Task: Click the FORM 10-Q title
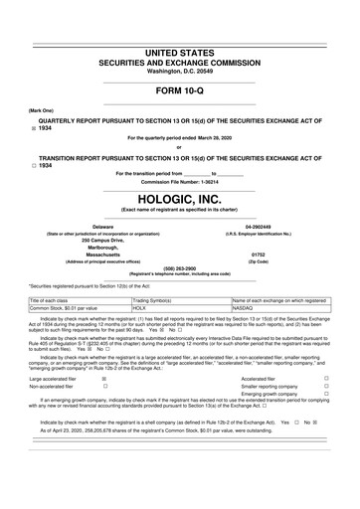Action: coord(179,94)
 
